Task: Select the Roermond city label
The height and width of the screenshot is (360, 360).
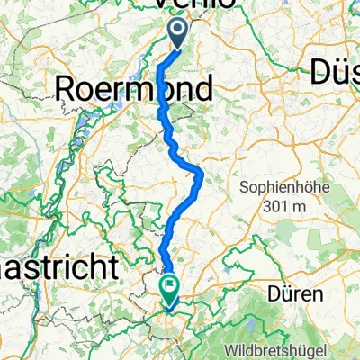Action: click(135, 88)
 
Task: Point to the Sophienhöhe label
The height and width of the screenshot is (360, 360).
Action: click(283, 187)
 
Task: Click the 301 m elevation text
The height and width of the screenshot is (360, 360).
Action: click(284, 206)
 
